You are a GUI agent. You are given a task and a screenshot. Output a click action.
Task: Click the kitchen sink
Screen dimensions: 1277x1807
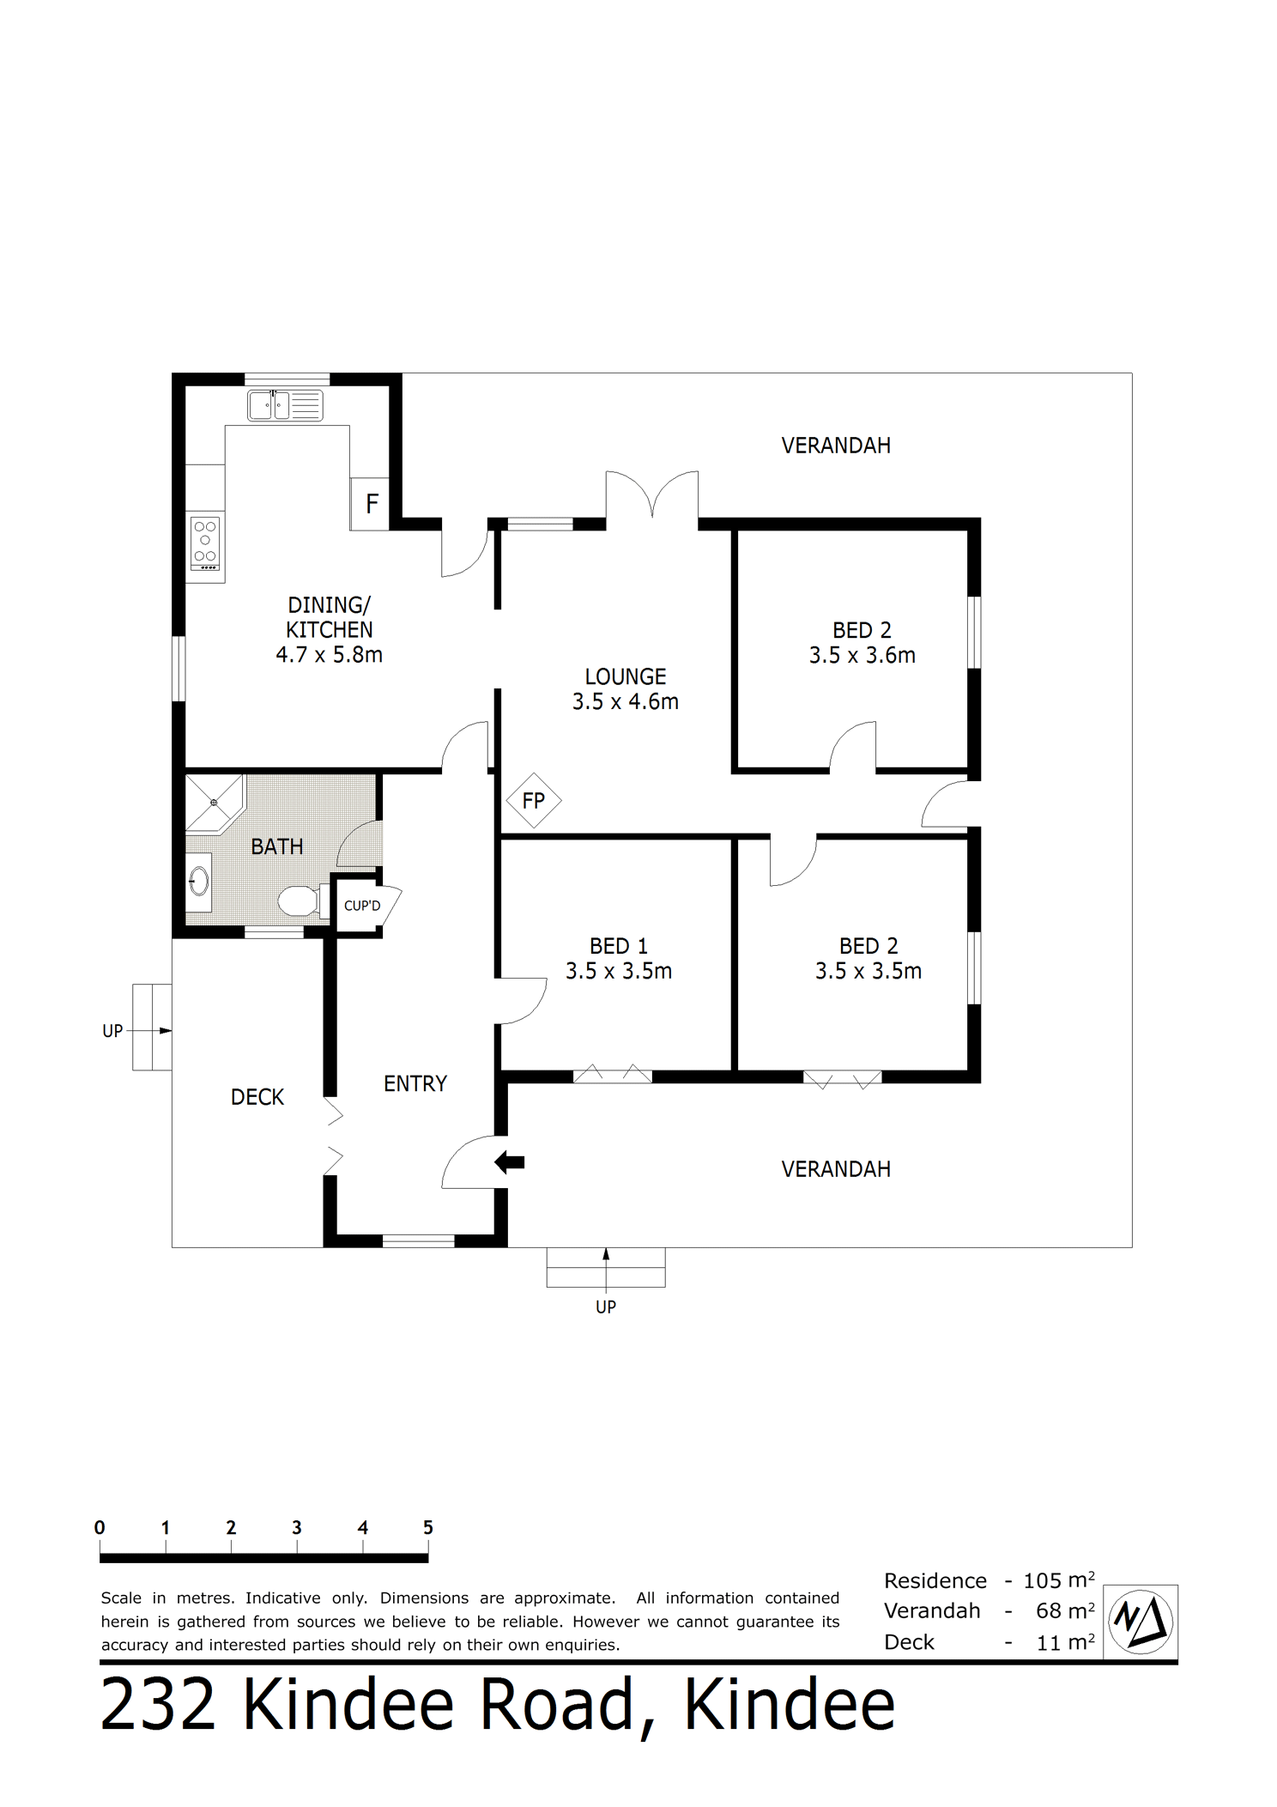(285, 405)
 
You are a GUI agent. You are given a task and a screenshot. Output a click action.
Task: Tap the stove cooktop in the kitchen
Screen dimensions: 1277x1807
(205, 543)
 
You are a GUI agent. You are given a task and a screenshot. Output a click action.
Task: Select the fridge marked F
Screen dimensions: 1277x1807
(370, 503)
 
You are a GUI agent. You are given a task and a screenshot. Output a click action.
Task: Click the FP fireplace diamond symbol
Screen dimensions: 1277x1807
(533, 801)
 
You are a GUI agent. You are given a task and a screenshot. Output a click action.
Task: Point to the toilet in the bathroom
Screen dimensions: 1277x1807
(299, 901)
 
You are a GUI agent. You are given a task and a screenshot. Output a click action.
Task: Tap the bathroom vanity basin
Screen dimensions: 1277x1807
(198, 882)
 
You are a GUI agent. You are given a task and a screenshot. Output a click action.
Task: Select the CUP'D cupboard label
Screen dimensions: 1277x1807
(362, 906)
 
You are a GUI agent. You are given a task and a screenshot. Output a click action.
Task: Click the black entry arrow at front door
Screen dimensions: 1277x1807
(510, 1163)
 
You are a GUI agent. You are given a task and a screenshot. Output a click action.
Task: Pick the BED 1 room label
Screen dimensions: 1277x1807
(619, 946)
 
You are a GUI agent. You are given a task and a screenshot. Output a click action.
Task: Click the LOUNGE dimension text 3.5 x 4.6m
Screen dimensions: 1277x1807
(626, 701)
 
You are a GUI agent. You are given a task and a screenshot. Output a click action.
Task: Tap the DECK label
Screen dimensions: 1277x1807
(257, 1097)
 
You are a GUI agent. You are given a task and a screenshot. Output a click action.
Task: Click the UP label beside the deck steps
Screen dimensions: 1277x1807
(112, 1031)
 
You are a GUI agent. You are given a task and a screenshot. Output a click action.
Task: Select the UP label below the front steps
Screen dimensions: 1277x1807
(606, 1307)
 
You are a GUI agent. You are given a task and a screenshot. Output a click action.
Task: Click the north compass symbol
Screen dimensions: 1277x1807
(1141, 1622)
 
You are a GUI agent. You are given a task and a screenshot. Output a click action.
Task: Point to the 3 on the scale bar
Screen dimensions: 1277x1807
(297, 1527)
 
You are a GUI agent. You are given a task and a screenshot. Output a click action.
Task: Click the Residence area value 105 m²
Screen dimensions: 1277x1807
(1059, 1580)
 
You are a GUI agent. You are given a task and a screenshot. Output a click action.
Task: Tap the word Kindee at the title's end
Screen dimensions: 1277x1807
(790, 1705)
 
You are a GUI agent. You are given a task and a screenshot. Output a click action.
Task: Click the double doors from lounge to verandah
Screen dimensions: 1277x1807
(652, 494)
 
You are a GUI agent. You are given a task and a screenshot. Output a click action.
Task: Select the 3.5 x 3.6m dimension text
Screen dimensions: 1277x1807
(862, 655)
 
